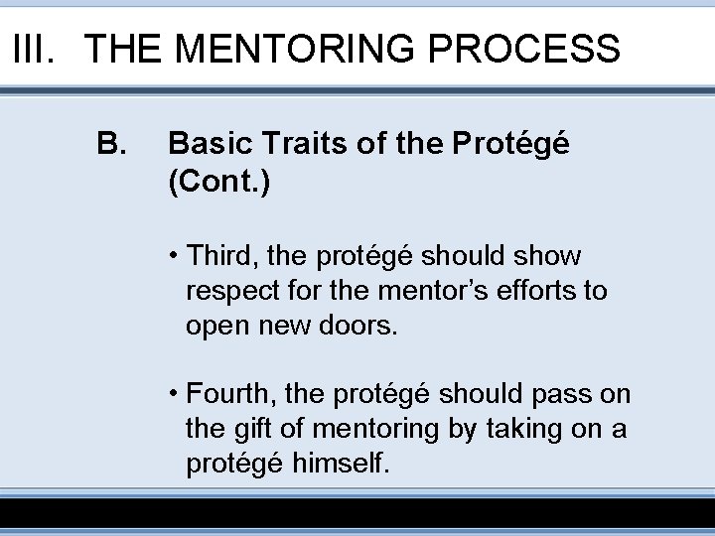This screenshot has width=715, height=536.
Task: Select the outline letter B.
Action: point(111,146)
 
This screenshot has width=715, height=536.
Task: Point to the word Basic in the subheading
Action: point(205,146)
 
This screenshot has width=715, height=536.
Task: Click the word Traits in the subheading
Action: point(290,146)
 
